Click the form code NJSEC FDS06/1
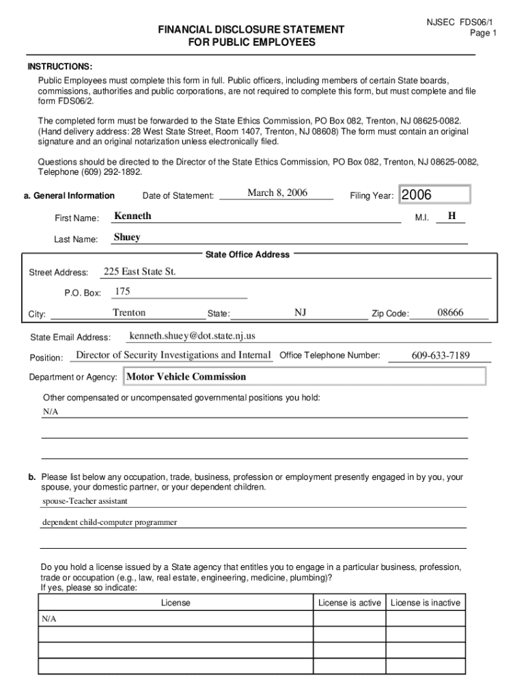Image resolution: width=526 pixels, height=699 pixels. point(460,22)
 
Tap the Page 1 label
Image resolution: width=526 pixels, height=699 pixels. point(483,33)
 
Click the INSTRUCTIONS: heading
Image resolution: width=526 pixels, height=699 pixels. point(59,66)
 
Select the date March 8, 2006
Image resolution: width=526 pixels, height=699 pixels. point(277,193)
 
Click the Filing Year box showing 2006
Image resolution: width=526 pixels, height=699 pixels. point(434,195)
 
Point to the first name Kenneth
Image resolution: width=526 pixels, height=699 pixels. point(133,216)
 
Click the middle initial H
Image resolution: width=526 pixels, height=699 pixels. point(452,216)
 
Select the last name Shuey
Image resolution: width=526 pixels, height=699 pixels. point(127,238)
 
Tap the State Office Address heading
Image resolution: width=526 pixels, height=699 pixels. point(247,255)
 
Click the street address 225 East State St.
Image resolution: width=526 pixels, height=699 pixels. point(139,272)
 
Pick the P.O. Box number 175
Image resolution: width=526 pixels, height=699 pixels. point(122,292)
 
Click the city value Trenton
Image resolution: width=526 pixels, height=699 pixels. point(129,313)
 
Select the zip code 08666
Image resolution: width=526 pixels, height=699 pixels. point(450,313)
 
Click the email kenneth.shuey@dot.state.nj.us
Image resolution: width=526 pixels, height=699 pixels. point(192,336)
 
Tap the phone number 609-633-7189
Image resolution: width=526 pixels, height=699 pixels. point(441,356)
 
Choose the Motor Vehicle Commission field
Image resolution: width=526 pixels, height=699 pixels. point(303,377)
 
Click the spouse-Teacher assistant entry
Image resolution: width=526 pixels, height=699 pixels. point(85,501)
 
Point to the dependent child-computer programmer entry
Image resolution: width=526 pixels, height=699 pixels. point(109,522)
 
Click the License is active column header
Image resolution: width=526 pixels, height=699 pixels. point(350,603)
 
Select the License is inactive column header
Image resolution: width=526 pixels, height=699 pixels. point(426,603)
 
